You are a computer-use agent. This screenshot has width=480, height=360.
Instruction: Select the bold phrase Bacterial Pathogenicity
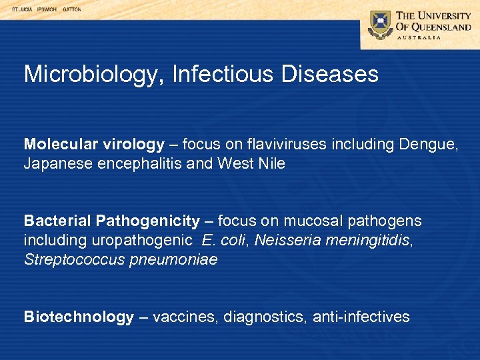[x=111, y=221]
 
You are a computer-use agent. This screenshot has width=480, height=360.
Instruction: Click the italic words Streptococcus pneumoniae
[x=121, y=259]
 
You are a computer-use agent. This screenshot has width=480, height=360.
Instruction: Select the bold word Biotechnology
[x=79, y=317]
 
